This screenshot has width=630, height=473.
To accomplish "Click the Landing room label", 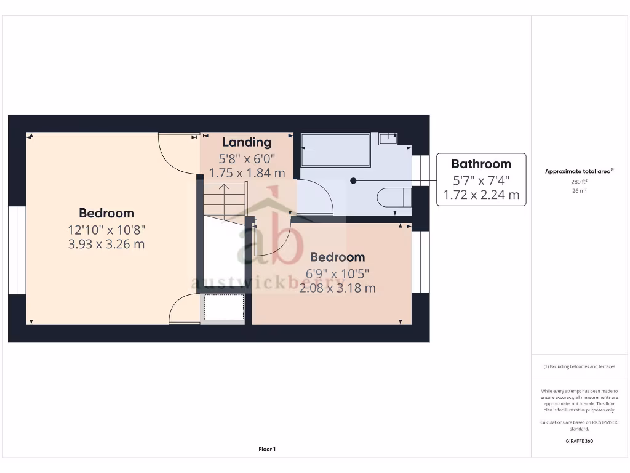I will [247, 142].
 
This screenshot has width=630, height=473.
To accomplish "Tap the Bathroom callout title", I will [481, 164].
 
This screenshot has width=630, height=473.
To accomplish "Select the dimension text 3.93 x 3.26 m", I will [106, 245].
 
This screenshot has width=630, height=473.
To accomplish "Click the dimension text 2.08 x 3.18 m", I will [337, 288].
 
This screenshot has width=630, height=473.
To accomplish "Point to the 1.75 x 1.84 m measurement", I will [247, 174].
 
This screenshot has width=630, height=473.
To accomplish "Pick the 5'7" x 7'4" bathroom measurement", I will [481, 180].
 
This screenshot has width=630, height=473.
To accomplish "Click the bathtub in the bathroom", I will [335, 150].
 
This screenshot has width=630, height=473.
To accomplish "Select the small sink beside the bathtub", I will [388, 138].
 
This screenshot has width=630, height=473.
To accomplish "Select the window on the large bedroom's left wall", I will [17, 250].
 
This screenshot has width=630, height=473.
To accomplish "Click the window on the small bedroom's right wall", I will [420, 262].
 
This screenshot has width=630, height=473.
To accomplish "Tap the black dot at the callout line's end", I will [353, 180].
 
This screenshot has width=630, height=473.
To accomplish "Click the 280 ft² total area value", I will [579, 182].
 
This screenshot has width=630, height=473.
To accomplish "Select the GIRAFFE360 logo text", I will [579, 441].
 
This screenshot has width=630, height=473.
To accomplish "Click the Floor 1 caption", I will [267, 450].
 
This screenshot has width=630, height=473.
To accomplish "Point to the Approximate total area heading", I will [579, 171].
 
